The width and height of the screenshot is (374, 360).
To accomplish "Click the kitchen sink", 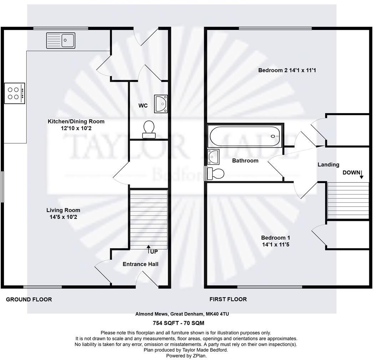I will (60, 40).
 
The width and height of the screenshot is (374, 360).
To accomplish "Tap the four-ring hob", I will (15, 93).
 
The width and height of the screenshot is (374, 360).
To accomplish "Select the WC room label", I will (143, 106).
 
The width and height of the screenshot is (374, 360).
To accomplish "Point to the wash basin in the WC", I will (161, 104).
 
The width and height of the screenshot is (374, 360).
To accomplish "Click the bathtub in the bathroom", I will (245, 136).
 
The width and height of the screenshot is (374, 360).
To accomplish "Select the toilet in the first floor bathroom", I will (216, 173).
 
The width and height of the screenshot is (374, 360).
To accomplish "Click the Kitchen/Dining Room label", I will (76, 121).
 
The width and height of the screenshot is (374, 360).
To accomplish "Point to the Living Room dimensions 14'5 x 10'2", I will (63, 216).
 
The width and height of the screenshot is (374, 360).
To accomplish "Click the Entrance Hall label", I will (140, 264).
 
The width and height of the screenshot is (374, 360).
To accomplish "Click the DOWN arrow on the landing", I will (361, 174).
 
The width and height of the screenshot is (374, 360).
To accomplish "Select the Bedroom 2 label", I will (287, 70).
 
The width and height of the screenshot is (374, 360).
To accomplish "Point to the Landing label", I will (328, 164).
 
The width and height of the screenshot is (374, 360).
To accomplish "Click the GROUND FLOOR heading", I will (29, 299).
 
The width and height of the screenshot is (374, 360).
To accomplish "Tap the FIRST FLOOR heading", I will (228, 299).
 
